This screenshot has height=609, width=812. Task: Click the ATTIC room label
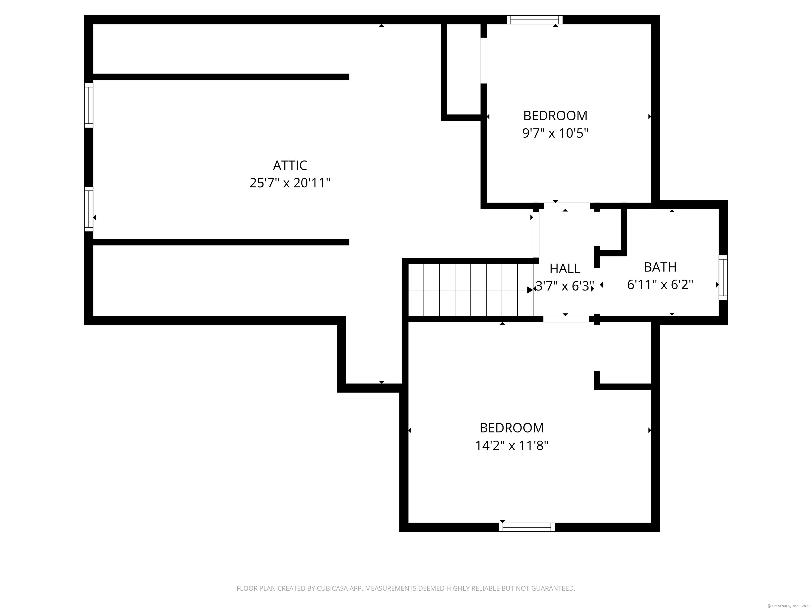tap(290, 165)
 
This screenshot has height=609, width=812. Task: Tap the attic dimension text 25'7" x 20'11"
tap(290, 183)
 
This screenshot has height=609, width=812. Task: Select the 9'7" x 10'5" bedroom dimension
tap(555, 133)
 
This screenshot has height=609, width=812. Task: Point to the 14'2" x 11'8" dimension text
tap(512, 446)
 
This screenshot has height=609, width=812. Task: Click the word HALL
tap(565, 269)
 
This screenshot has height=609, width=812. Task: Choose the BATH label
tap(660, 267)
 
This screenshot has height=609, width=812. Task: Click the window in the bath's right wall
tap(723, 278)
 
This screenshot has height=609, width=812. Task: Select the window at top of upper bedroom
tap(534, 20)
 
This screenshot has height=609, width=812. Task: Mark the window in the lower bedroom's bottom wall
tap(527, 527)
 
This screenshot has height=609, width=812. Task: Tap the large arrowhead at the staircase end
tap(530, 290)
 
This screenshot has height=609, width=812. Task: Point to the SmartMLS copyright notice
tap(789, 606)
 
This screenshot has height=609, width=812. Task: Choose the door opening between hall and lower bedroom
tap(566, 319)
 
